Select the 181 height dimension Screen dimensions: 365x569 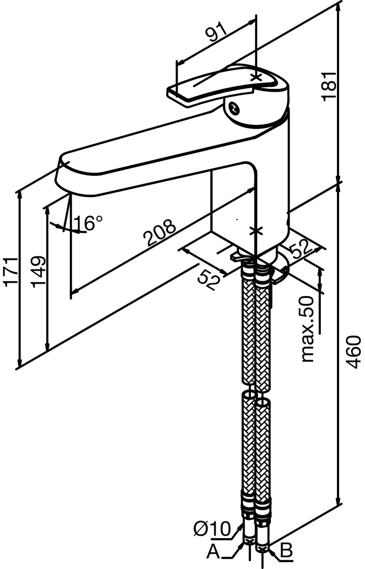[329, 86]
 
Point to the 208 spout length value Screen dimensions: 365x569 [159, 233]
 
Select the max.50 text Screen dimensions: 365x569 [307, 329]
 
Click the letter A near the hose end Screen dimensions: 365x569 [213, 552]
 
